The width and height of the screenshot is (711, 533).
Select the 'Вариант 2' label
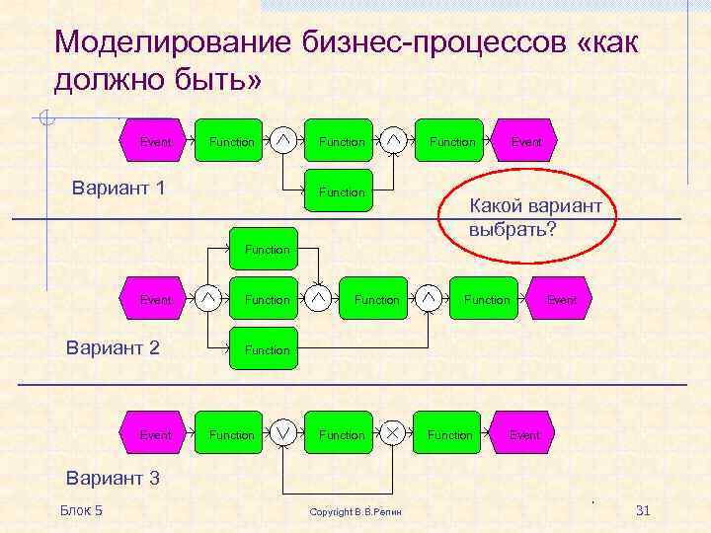tap(112, 346)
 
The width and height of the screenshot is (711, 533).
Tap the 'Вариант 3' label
tap(112, 479)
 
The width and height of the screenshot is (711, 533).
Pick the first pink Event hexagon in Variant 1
tap(154, 142)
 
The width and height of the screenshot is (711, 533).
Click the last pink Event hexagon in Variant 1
tap(525, 142)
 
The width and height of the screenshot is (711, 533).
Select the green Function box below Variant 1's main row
tap(342, 192)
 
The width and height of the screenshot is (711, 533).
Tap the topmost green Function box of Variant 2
tap(267, 250)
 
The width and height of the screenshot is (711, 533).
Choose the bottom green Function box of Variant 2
tap(267, 349)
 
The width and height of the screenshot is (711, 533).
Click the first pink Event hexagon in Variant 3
tap(154, 435)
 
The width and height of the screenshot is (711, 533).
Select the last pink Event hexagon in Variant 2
tap(561, 299)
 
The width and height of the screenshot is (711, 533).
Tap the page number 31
tap(643, 510)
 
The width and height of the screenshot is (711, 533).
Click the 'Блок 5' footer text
tap(81, 510)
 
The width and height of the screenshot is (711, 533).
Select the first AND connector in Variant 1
tap(283, 142)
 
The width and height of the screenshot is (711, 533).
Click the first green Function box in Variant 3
tap(232, 435)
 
